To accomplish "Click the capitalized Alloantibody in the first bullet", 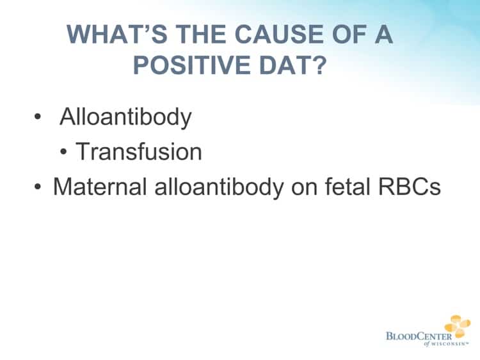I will click(x=125, y=118).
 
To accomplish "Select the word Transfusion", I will click(x=139, y=152).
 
